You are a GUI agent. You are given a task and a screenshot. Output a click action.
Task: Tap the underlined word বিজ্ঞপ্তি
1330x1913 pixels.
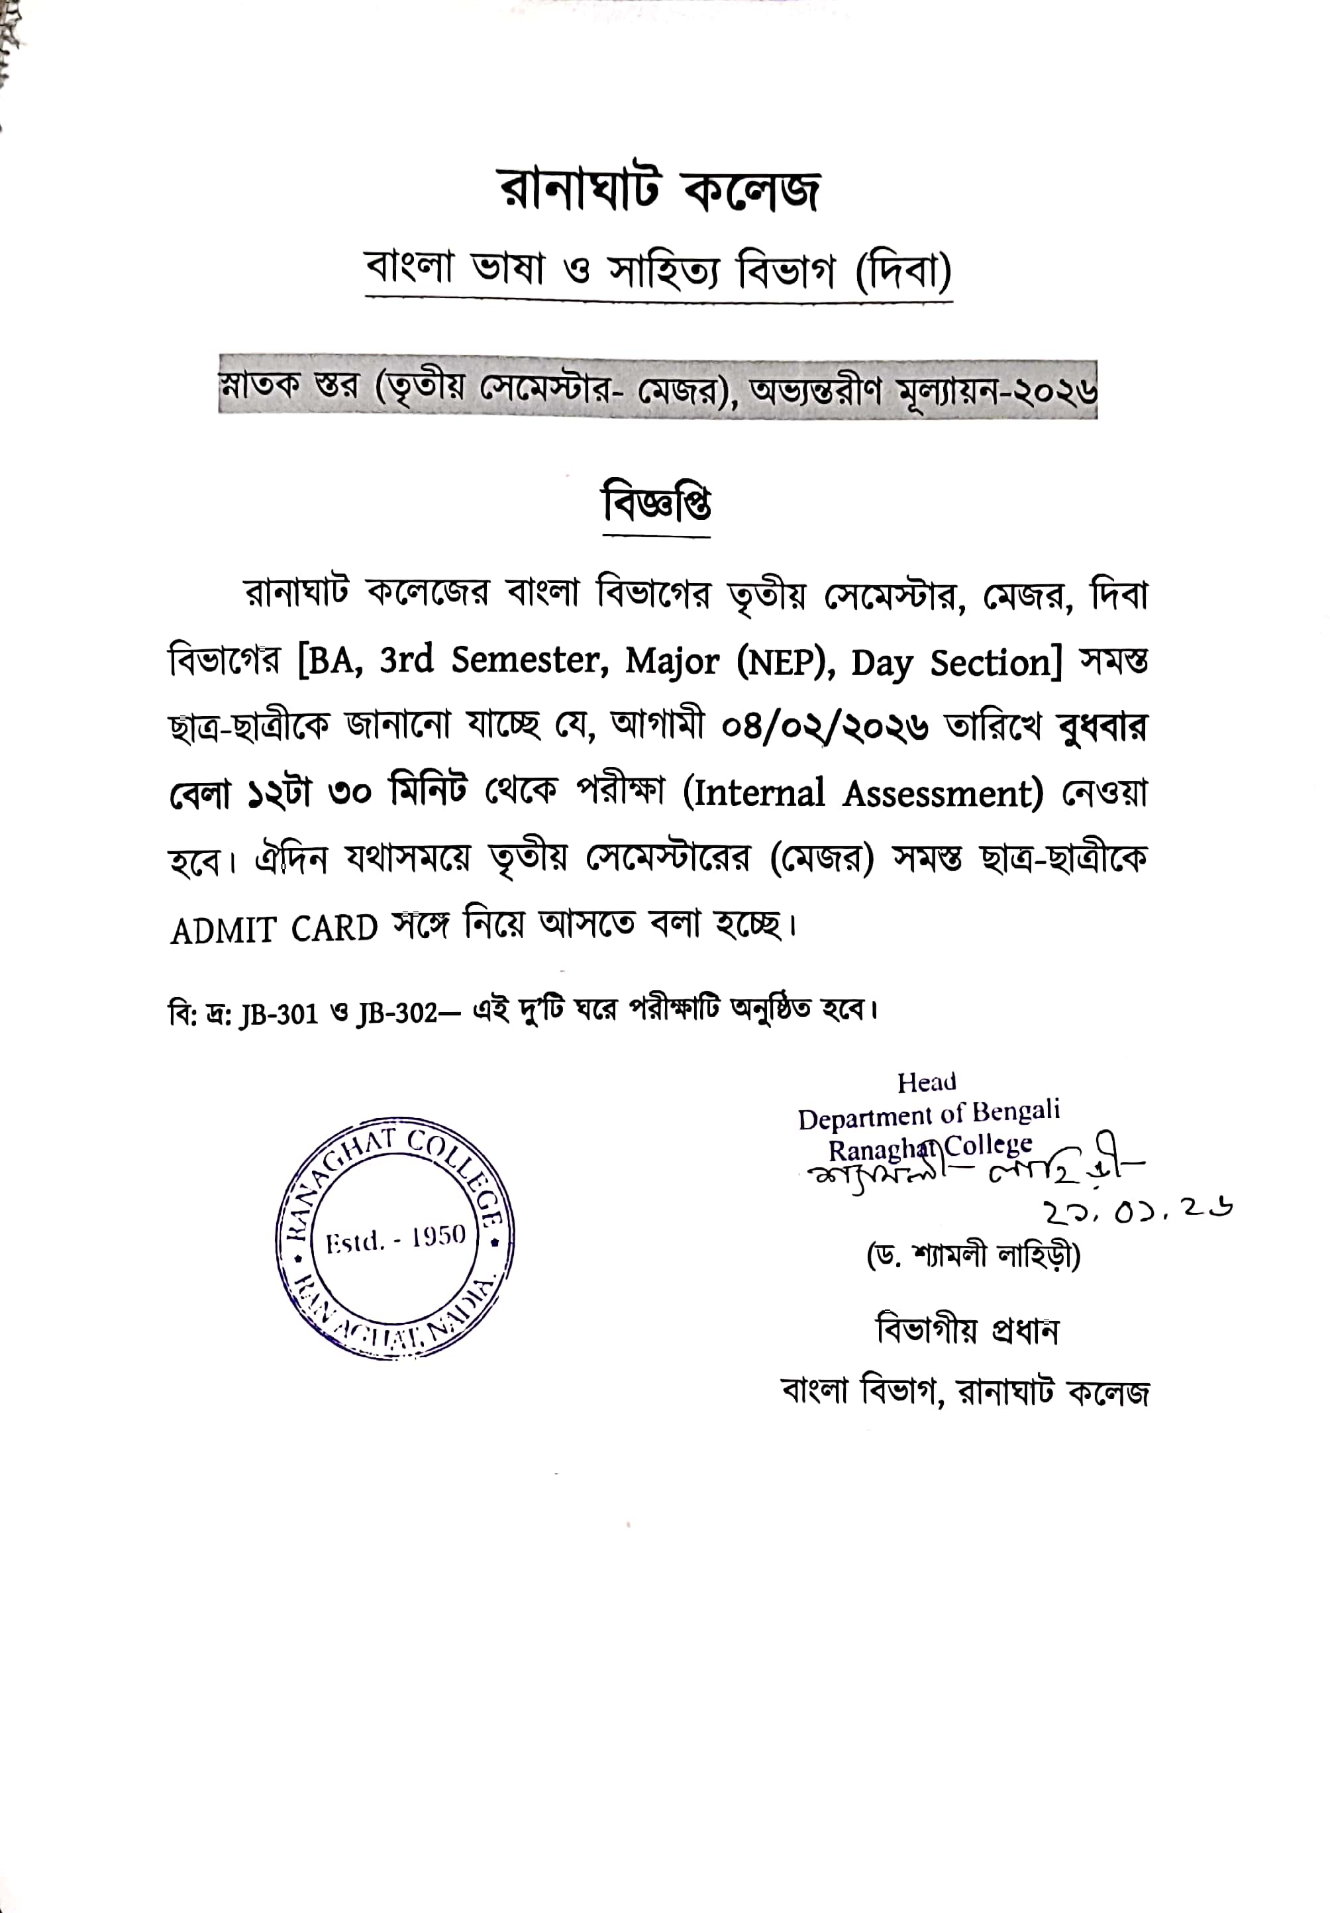click(656, 503)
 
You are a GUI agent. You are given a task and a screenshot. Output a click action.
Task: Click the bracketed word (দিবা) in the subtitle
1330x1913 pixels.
click(903, 272)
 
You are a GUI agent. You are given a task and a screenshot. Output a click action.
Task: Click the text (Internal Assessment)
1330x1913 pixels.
click(862, 792)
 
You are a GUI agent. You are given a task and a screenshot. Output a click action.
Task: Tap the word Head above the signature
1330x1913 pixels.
click(926, 1082)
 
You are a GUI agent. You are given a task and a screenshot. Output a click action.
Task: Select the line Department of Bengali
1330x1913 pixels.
click(929, 1114)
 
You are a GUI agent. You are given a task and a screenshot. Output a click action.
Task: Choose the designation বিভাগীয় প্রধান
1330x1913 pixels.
click(966, 1331)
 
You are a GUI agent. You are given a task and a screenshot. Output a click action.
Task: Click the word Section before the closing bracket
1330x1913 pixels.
click(995, 663)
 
